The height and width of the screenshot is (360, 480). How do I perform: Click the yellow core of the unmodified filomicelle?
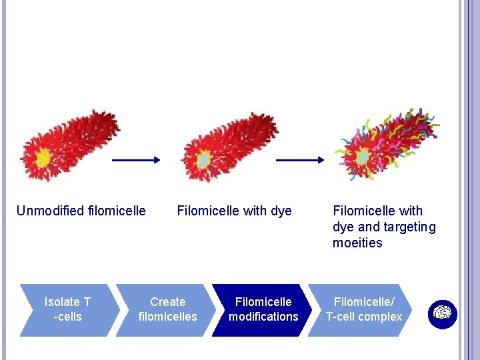43,157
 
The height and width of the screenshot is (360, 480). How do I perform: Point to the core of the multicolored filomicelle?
363,157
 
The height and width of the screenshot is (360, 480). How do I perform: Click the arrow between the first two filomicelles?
136,160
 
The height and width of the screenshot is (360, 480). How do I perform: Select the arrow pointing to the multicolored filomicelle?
300,160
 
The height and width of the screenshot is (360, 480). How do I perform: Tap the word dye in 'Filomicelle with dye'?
281,211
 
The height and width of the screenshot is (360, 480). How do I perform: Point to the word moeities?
357,243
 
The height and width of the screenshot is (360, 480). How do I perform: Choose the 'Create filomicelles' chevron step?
167,310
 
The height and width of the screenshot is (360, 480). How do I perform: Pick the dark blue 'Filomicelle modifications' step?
263,310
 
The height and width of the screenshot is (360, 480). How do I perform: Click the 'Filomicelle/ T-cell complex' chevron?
363,310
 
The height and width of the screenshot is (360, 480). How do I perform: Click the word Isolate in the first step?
62,302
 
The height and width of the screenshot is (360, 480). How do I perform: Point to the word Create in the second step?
167,302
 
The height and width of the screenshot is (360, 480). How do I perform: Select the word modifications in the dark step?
263,317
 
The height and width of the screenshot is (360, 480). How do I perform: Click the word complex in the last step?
381,317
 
